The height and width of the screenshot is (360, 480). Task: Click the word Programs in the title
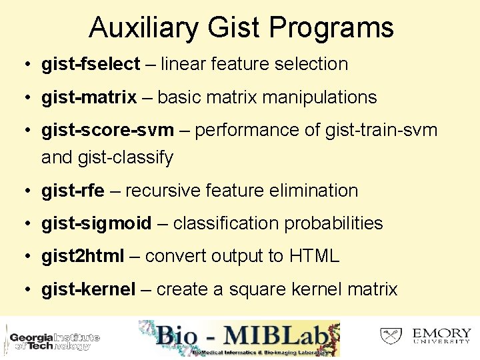point(331,28)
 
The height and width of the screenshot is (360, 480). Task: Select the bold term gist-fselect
point(91,65)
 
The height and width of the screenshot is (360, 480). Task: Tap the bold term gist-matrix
point(89,98)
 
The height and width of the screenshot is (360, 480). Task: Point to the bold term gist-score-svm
point(107,131)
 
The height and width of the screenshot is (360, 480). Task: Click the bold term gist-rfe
point(73,191)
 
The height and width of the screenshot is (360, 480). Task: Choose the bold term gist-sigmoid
point(96,223)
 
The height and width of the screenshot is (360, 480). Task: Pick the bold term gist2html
point(83,256)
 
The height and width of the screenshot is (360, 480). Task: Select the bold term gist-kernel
point(88,289)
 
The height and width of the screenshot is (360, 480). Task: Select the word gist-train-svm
point(381,131)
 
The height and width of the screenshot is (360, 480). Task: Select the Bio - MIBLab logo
point(239,339)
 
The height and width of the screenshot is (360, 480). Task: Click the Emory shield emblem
point(391,335)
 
